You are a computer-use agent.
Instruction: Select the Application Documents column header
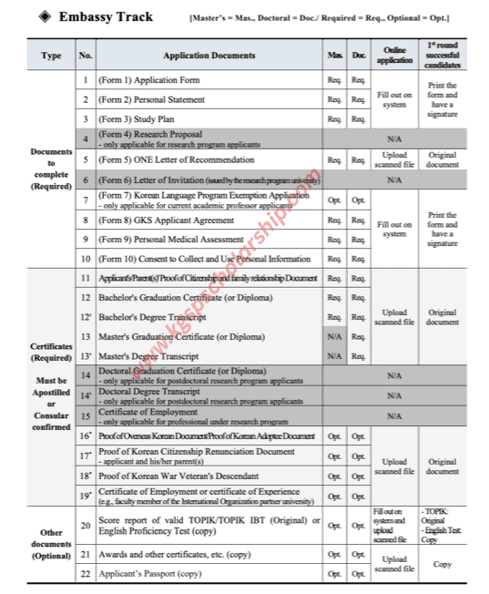click(x=209, y=56)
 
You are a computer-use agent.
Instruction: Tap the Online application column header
click(x=394, y=56)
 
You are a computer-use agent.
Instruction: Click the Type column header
click(x=51, y=56)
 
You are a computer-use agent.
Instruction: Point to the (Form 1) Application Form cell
click(x=149, y=79)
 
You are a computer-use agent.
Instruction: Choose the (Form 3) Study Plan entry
click(x=137, y=118)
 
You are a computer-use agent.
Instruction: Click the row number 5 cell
click(x=85, y=159)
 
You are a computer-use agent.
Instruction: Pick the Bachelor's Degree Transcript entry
click(x=152, y=317)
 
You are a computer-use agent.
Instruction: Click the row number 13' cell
click(x=85, y=356)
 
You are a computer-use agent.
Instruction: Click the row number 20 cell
click(x=85, y=525)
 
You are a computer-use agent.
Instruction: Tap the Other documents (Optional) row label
click(x=51, y=543)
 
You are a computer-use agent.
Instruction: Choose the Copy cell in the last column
click(x=443, y=564)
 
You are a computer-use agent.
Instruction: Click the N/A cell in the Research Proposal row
click(x=394, y=138)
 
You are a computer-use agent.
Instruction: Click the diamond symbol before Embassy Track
click(x=45, y=16)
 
